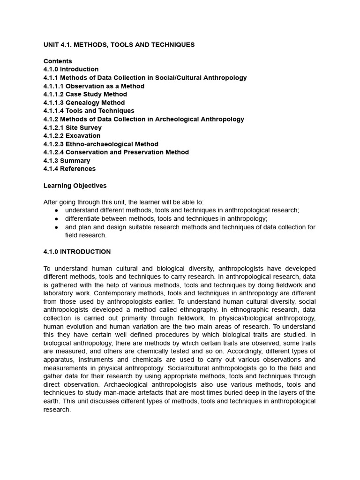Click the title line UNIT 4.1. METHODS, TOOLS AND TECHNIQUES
click(x=119, y=45)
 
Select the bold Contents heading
click(x=58, y=61)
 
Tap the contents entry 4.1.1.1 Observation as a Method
click(x=94, y=86)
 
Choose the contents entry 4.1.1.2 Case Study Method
click(x=85, y=94)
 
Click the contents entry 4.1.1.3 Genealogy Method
click(x=84, y=103)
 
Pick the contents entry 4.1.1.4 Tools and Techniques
click(x=89, y=111)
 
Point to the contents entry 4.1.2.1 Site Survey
click(x=72, y=127)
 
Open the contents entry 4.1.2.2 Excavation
click(x=72, y=135)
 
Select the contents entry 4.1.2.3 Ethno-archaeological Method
click(x=101, y=144)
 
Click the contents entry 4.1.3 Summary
click(x=67, y=160)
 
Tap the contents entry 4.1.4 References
click(x=69, y=169)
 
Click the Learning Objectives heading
click(x=75, y=186)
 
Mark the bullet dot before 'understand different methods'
click(x=56, y=210)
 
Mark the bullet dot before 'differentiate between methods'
click(x=56, y=219)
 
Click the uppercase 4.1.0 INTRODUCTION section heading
click(x=77, y=252)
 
